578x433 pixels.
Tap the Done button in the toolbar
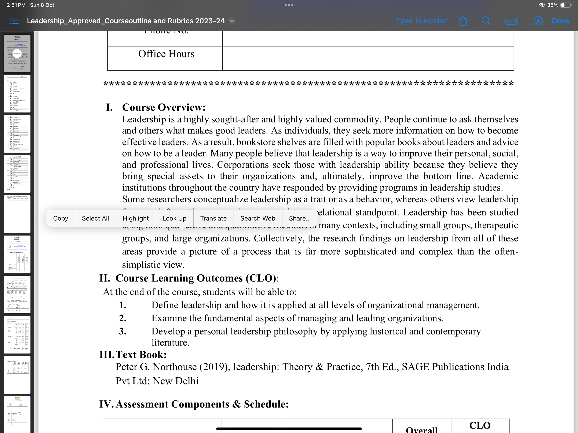point(560,21)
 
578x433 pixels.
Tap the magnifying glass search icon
point(486,21)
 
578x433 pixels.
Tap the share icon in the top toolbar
point(462,21)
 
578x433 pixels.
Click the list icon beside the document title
point(14,21)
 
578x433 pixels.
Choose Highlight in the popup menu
point(135,218)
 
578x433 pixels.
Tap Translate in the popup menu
point(213,218)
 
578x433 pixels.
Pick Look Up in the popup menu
point(174,218)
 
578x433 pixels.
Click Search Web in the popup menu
point(257,218)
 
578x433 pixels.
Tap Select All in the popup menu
point(95,218)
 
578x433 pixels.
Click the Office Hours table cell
point(166,54)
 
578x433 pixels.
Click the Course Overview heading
point(164,107)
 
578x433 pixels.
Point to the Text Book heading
point(141,355)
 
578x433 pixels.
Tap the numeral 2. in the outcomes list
point(122,318)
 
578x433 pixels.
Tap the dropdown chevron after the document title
point(232,21)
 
